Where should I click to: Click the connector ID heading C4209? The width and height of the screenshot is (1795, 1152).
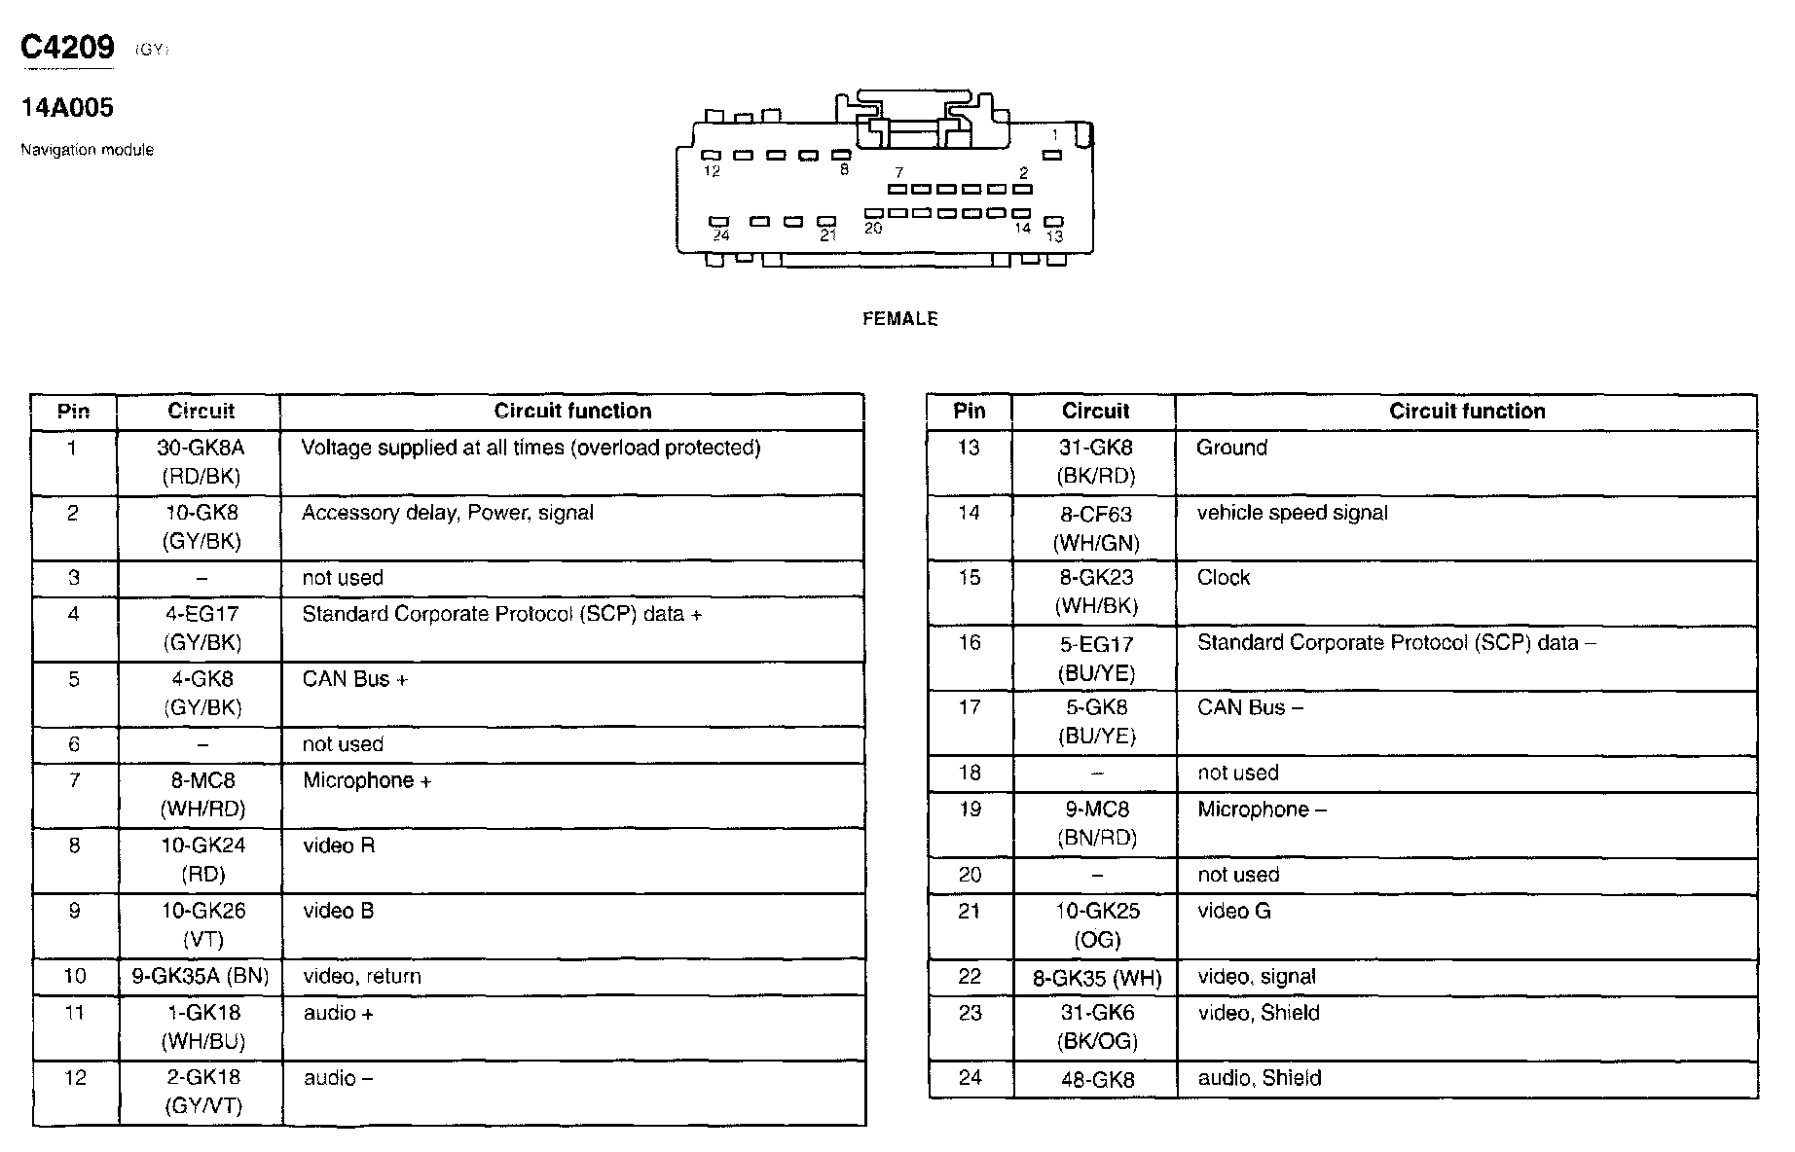coord(67,47)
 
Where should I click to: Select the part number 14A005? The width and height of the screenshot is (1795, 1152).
coord(67,108)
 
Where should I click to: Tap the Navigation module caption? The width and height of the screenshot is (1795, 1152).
coord(87,150)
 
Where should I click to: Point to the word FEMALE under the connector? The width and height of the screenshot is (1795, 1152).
coord(899,319)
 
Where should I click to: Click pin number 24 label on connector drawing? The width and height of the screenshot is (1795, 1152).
coord(721,235)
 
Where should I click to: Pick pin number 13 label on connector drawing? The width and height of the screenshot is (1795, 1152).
coord(1054,236)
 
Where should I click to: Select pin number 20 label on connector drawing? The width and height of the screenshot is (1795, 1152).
coord(873,229)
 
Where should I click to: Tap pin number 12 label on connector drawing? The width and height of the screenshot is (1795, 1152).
coord(712,172)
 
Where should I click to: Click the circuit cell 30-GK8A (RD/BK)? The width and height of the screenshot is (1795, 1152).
coord(200,462)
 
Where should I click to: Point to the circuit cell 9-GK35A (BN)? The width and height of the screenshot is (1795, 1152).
coord(200,976)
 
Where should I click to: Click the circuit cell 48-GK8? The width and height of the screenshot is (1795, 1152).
coord(1096,1079)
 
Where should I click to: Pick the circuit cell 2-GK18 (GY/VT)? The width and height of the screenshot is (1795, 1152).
coord(202,1092)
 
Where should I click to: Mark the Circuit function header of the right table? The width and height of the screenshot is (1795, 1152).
coord(1466,411)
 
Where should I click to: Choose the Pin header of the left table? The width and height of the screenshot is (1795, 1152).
coord(73,411)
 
